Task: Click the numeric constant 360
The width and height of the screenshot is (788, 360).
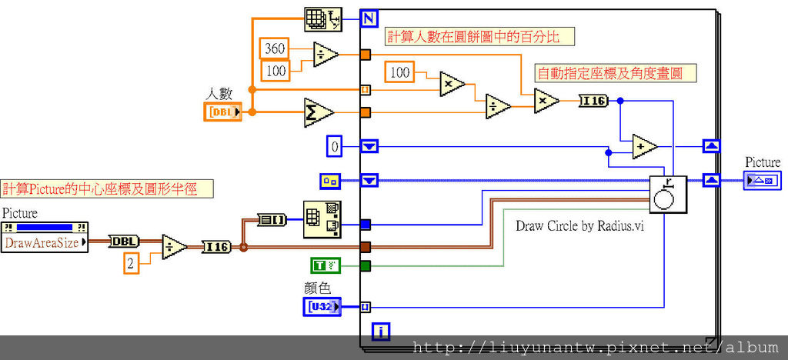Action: [275, 48]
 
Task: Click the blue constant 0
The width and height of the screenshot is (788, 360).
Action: [334, 146]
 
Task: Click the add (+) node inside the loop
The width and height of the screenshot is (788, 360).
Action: [645, 146]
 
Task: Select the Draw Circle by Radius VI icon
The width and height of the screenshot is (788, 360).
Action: [667, 194]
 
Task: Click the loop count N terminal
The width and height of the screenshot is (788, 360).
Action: [370, 18]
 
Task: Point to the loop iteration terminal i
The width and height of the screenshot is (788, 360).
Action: [380, 332]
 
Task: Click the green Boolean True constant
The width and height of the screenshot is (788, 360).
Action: [325, 266]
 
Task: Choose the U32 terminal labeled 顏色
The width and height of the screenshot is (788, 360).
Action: [321, 307]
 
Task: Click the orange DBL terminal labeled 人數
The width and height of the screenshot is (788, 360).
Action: [222, 112]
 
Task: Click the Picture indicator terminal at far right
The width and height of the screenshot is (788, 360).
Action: [762, 181]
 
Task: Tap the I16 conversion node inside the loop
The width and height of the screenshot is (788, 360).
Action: [593, 100]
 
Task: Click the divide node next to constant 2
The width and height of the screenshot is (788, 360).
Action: [174, 247]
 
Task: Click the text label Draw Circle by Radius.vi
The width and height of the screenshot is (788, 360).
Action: [579, 225]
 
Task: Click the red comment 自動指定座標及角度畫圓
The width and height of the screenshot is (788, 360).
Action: [615, 73]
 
